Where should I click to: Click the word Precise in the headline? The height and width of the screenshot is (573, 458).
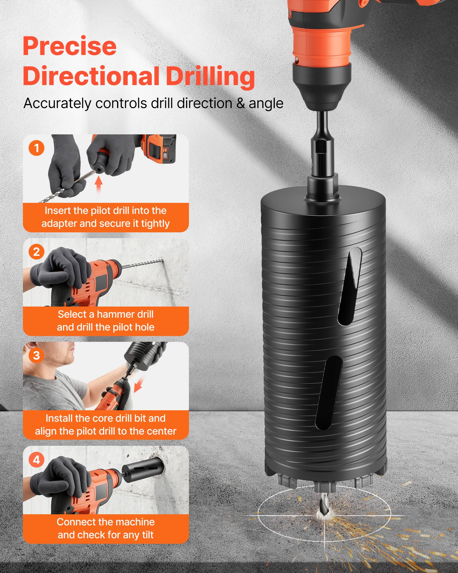70,46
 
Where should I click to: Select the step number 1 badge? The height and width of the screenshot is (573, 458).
36,148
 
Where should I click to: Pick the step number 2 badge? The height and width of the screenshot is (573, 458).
36,252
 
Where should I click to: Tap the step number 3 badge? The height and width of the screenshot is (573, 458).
36,356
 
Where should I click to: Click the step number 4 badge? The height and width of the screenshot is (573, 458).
36,460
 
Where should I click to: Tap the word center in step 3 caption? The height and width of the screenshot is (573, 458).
163,431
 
